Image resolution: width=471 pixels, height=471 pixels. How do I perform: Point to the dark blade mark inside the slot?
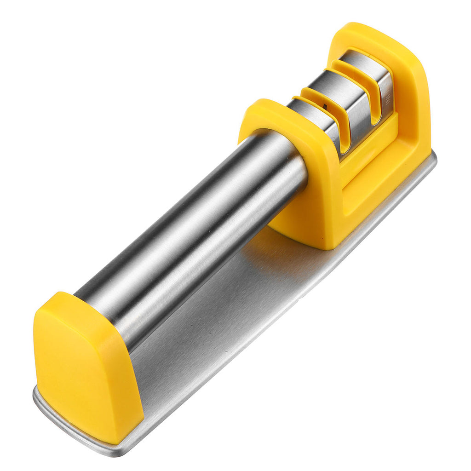point(325,107)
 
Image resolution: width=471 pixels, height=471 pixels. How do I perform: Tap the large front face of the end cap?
point(83,373)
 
